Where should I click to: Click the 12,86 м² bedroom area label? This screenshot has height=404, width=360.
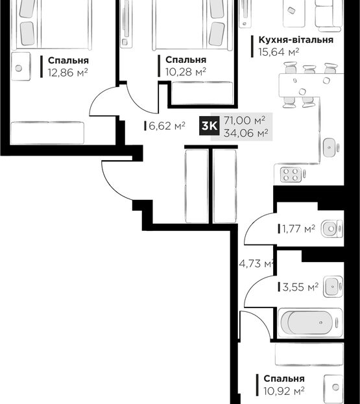pos(68,73)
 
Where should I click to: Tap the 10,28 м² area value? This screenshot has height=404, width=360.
pos(186,72)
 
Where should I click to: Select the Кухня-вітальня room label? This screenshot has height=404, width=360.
pos(296,40)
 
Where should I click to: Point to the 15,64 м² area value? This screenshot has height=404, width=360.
pos(279,52)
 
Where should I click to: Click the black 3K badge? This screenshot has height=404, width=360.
pos(209,126)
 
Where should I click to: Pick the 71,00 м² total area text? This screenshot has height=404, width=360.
pos(245,121)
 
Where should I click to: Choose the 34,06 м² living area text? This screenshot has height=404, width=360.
pos(246,133)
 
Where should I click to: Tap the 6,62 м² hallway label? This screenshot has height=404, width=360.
pos(167,126)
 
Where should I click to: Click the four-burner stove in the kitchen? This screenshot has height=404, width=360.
pos(291,174)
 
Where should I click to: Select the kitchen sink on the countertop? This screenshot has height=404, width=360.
pos(329,147)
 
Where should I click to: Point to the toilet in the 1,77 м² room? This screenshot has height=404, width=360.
pos(332,228)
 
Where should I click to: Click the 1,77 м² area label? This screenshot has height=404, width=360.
pos(298,228)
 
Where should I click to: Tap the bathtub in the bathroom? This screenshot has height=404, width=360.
pos(310,322)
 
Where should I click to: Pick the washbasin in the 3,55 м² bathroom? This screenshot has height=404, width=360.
pos(333,287)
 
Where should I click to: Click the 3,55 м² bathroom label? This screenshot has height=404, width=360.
pos(300,287)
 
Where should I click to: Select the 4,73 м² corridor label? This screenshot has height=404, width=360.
pos(256,263)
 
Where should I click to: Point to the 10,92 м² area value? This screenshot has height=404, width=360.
pos(284,391)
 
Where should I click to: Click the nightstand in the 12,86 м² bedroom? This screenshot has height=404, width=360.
pos(20,67)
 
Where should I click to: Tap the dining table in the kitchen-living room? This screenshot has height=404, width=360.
pos(311,85)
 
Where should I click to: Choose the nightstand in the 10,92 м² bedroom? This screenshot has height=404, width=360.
pos(333,386)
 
